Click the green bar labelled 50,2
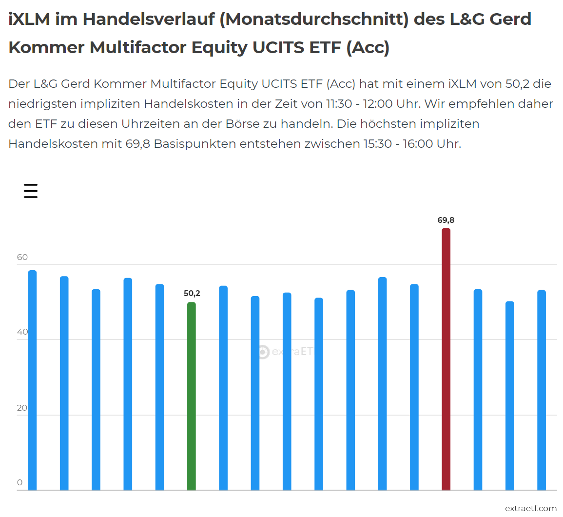point(192,396)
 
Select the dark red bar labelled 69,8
point(446,359)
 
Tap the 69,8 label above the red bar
point(446,220)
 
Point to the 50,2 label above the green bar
point(192,294)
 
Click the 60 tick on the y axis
point(22,258)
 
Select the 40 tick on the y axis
point(22,332)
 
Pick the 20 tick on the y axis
point(22,408)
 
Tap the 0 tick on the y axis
point(20,483)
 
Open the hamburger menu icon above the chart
point(31,191)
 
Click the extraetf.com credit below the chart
point(530,508)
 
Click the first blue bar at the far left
point(33,380)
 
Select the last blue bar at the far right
point(542,390)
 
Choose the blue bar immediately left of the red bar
point(414,387)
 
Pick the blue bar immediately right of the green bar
point(223,388)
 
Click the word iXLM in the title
point(29,20)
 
